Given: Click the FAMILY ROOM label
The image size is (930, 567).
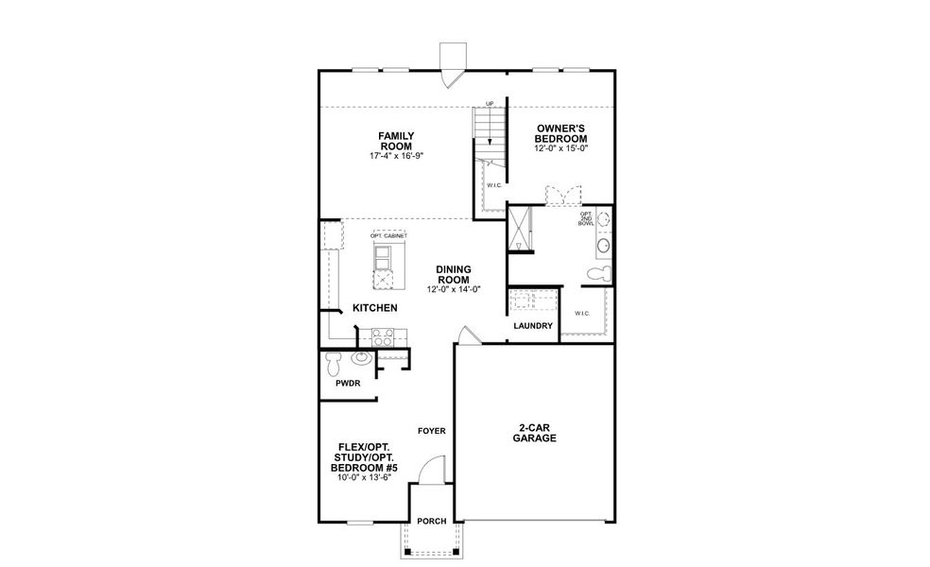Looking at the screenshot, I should point(396,141).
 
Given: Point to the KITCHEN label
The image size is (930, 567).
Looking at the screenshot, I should point(374,309).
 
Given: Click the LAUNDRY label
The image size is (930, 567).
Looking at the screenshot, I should point(533,326).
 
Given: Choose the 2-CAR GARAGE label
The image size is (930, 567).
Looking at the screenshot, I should point(534,433).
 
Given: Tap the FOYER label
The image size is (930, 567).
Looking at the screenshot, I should point(431,431).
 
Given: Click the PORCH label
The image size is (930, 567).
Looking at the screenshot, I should point(431,521).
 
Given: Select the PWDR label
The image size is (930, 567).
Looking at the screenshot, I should point(347,385).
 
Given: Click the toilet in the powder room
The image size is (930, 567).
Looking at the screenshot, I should point(332,362).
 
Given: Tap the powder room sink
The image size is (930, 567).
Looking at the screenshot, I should point(360,359).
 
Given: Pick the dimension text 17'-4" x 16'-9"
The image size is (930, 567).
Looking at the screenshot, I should point(396,156).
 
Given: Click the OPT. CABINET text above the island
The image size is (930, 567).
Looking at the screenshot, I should point(388,235).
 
